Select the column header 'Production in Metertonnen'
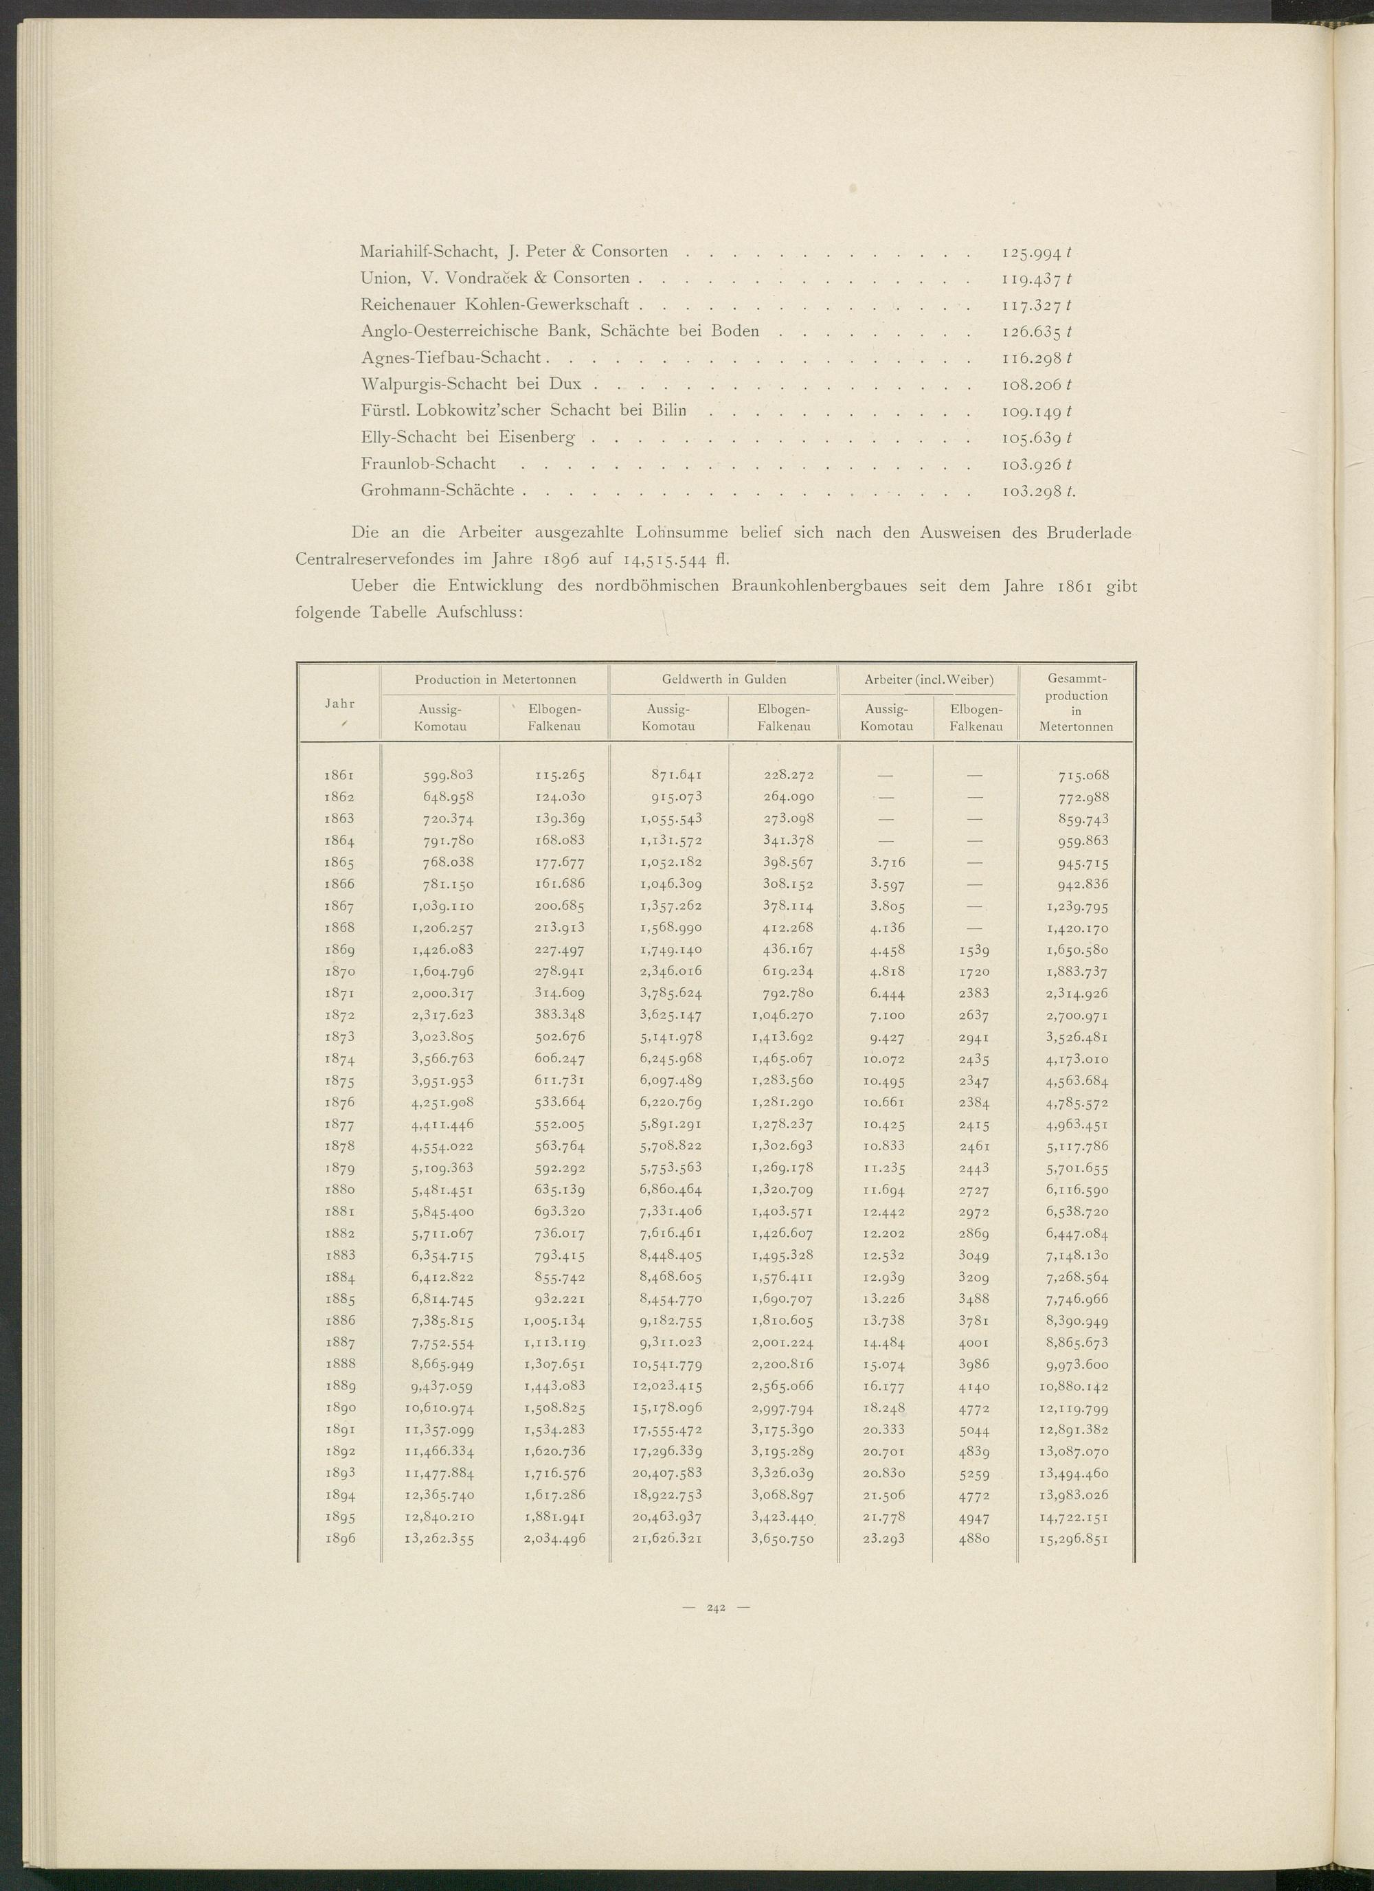pyautogui.click(x=495, y=679)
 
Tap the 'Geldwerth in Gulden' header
pyautogui.click(x=723, y=679)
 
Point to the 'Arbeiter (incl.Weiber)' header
pyautogui.click(x=929, y=679)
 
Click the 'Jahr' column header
pyautogui.click(x=339, y=703)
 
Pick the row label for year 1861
pyautogui.click(x=339, y=775)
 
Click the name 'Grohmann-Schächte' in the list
pyautogui.click(x=437, y=490)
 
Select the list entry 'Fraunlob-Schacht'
pyautogui.click(x=428, y=464)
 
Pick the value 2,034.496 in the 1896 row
pyautogui.click(x=554, y=1539)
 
